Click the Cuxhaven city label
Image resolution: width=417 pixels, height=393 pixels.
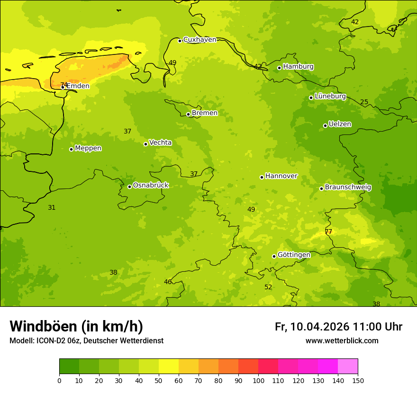[x=199, y=39]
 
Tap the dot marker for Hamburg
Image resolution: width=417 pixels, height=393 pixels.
[x=280, y=68]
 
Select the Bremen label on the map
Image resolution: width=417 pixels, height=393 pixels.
[x=205, y=113]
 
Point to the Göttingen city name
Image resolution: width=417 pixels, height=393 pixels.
[x=294, y=255]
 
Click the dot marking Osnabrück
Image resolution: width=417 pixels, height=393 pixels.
[x=129, y=187]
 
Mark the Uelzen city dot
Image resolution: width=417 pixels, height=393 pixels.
[x=325, y=125]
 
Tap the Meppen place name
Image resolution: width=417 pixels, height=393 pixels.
[x=88, y=148]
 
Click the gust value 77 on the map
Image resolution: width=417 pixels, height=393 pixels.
[x=328, y=232]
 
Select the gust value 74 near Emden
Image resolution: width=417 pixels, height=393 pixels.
[x=63, y=85]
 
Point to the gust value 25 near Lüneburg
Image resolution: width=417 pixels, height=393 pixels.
[x=364, y=102]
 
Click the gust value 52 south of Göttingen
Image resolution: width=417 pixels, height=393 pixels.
[x=268, y=287]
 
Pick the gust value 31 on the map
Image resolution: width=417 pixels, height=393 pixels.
[x=52, y=207]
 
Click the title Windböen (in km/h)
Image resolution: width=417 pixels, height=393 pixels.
[x=76, y=326]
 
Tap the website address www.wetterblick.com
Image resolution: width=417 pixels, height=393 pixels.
[x=342, y=340]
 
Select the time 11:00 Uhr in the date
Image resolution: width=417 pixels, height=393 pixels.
[x=377, y=327]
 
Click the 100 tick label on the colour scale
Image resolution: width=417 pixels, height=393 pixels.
[x=258, y=380]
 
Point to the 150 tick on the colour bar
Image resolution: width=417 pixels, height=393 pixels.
[x=358, y=380]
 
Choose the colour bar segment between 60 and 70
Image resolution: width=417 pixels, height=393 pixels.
[x=189, y=366]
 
